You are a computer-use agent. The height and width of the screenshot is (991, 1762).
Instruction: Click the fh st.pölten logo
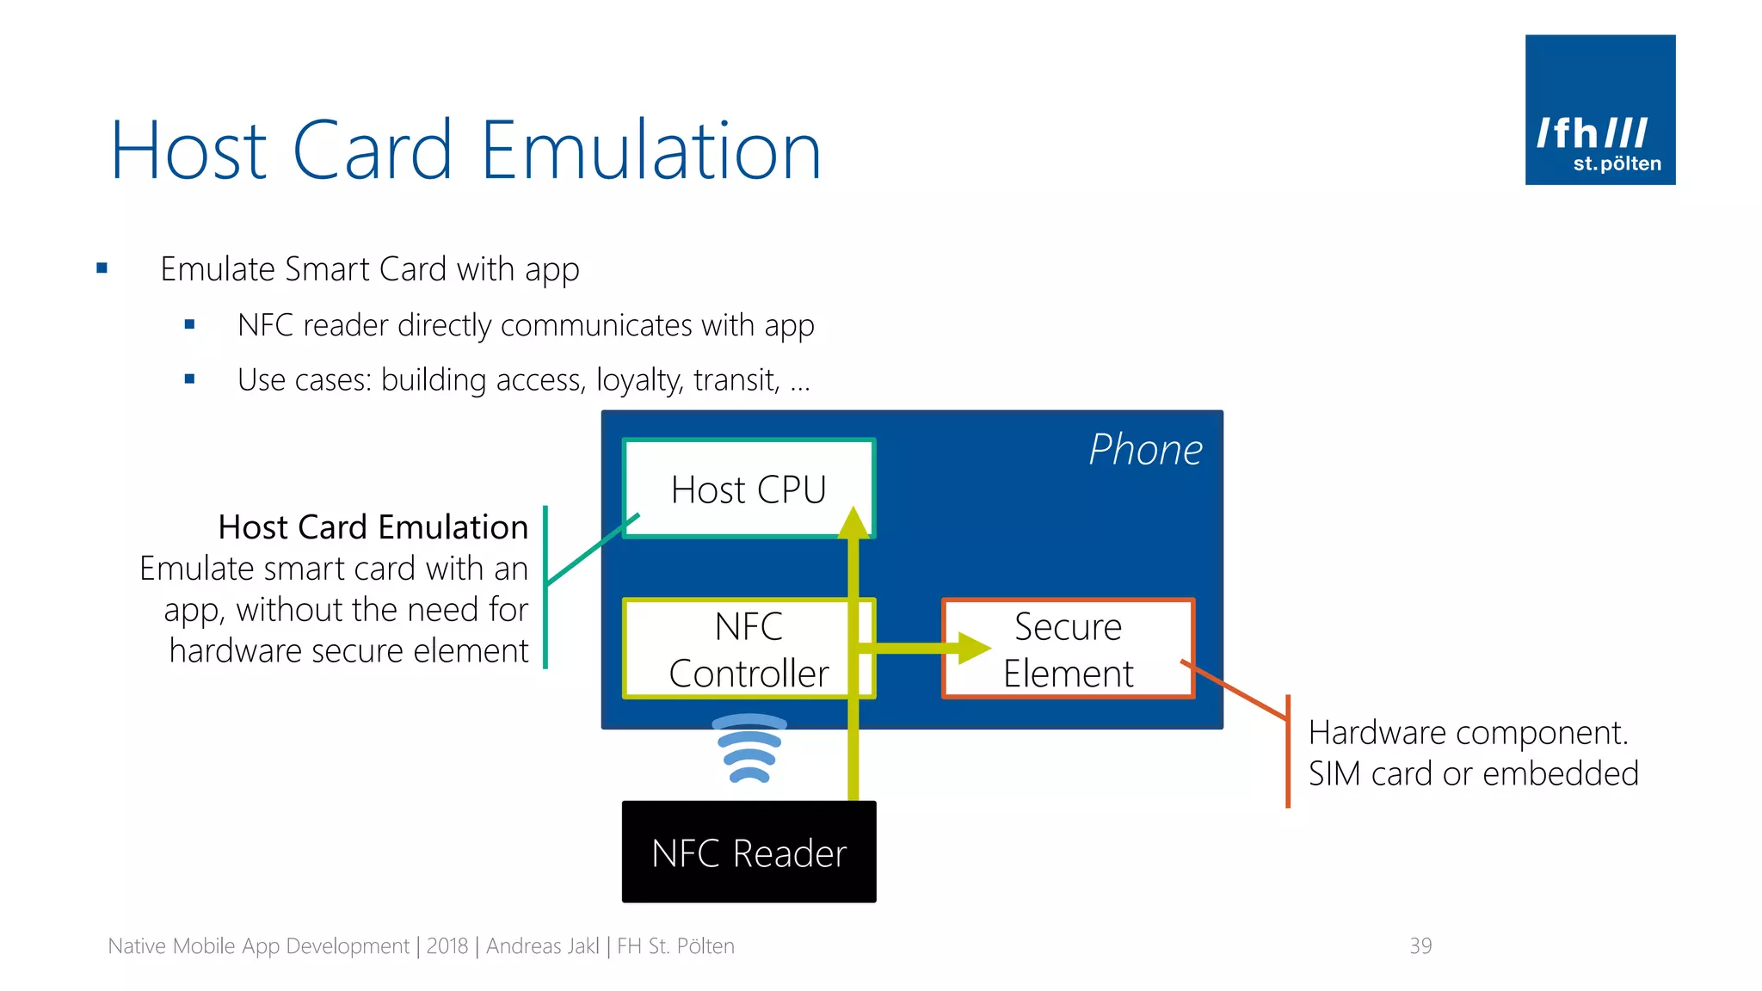[1599, 110]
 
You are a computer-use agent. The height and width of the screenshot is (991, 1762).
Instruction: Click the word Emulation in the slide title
[650, 151]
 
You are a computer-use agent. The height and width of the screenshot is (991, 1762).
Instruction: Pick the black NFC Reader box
[749, 853]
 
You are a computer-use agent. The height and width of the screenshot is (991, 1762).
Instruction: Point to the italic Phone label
[1145, 450]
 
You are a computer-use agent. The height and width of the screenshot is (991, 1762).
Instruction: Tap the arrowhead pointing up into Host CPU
[853, 523]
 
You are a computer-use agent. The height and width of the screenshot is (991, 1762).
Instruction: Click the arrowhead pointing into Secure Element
[974, 648]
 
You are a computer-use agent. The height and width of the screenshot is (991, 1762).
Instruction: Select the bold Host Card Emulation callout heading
[373, 527]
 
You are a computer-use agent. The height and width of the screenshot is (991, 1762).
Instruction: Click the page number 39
[1420, 946]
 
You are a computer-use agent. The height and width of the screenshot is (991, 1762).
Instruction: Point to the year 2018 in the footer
[447, 946]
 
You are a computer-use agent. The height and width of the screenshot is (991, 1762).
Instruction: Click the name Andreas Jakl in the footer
[542, 946]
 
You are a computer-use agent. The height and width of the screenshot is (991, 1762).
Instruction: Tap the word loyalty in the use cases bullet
[639, 380]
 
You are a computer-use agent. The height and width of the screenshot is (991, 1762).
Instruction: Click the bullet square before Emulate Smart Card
[102, 268]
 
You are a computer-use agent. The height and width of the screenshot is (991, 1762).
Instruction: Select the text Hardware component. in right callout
[1468, 733]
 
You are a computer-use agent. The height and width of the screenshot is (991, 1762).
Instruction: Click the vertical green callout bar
[545, 588]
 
